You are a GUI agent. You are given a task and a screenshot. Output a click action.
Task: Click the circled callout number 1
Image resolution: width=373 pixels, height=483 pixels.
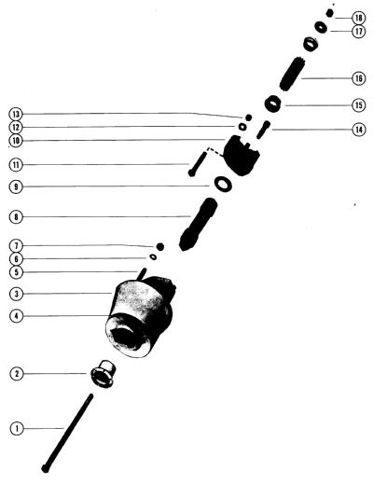click(17, 429)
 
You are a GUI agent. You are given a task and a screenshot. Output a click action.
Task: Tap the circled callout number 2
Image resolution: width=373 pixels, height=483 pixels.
click(17, 374)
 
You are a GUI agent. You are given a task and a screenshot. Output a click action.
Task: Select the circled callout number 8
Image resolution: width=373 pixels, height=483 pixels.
click(16, 216)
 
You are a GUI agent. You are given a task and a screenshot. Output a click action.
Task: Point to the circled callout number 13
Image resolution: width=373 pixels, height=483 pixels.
click(16, 114)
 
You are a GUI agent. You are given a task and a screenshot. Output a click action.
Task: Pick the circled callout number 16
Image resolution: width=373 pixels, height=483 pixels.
click(359, 78)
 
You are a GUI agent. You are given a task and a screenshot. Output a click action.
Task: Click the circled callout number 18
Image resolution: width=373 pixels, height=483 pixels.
click(359, 18)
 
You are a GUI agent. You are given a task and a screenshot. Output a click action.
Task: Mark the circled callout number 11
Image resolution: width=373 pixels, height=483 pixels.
click(16, 165)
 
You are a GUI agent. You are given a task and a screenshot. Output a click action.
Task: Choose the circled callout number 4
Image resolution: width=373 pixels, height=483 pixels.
click(17, 316)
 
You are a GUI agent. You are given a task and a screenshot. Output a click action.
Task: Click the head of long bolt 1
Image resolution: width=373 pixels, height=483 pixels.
click(46, 469)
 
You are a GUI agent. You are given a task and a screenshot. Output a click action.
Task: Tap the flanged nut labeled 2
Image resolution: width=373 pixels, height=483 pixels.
click(104, 374)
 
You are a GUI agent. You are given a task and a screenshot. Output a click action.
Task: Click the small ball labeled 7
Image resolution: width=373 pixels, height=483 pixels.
click(160, 246)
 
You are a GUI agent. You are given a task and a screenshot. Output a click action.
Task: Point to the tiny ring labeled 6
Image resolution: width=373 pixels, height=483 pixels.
click(153, 257)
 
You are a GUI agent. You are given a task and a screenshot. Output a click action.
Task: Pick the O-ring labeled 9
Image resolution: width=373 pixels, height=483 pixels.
click(223, 185)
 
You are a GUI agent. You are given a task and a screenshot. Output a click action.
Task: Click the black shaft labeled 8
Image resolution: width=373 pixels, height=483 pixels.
click(198, 225)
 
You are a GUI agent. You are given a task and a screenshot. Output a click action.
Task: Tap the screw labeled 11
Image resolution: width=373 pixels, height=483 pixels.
click(197, 164)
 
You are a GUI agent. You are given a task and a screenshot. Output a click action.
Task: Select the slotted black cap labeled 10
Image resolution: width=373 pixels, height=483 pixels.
click(242, 156)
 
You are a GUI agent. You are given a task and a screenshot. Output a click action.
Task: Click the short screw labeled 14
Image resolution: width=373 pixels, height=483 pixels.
click(263, 130)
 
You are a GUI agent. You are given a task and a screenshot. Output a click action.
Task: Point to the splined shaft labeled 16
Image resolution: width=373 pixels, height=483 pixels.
click(292, 75)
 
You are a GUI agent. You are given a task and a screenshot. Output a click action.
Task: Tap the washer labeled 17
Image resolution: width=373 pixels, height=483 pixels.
click(321, 27)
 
